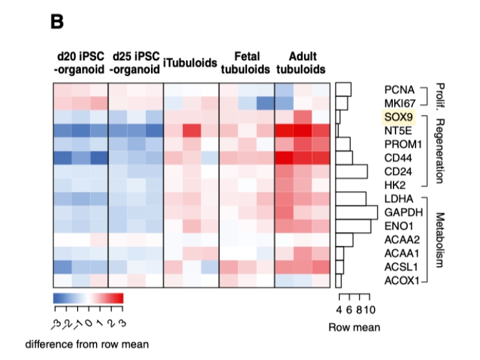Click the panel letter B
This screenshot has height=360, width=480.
pyautogui.click(x=57, y=22)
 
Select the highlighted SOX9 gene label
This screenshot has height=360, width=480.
pyautogui.click(x=399, y=117)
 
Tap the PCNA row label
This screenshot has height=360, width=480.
pyautogui.click(x=399, y=89)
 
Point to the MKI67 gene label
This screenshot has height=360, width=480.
pyautogui.click(x=399, y=103)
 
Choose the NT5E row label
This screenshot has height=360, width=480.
pyautogui.click(x=399, y=130)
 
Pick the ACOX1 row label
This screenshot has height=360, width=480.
pyautogui.click(x=402, y=280)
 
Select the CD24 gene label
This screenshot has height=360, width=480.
pyautogui.click(x=399, y=171)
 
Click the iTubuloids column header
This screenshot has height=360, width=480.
pyautogui.click(x=190, y=63)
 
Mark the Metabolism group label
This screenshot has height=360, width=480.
pyautogui.click(x=439, y=239)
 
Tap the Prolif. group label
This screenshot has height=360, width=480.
pyautogui.click(x=439, y=95)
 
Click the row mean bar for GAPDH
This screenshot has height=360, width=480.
pyautogui.click(x=356, y=212)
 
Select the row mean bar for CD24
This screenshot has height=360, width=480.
pyautogui.click(x=351, y=171)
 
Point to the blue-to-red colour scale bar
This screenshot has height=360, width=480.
pyautogui.click(x=88, y=297)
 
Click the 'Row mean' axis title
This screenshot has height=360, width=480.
pyautogui.click(x=354, y=327)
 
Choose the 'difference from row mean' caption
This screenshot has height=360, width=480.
pyautogui.click(x=86, y=344)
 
